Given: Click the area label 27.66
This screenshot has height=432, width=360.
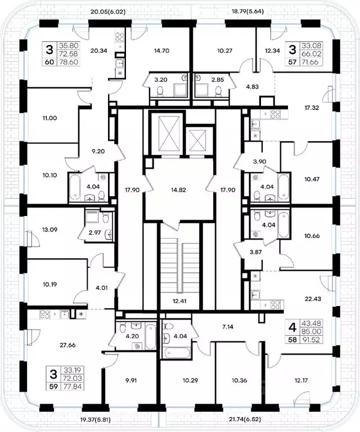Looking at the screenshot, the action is pos(67,345).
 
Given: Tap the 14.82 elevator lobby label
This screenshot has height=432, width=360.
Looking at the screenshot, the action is pos(178,190).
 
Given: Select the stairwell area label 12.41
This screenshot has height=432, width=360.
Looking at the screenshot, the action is pos(179,301).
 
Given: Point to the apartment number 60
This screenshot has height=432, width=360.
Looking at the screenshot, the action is pos(49,62).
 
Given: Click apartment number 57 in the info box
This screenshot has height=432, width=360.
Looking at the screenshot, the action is pos(292,62).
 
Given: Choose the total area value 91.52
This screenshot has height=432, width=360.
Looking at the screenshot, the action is pos(312,340).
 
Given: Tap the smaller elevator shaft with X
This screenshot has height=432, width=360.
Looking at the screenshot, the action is pos(196,141).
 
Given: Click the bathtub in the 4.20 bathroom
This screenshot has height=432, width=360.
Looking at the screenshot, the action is pos(150,337).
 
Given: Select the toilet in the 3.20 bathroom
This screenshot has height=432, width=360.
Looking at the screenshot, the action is pos(160,92).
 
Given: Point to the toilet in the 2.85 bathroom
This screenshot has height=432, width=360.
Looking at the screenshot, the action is pos(218,92).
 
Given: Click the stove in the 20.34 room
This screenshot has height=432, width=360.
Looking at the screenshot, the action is pos(120,37).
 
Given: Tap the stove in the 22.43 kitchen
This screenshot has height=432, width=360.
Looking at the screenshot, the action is pos(276,305).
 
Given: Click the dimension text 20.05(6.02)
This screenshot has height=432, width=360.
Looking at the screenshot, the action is pos(108,12).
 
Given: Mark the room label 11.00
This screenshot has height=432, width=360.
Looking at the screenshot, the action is pos(50,118).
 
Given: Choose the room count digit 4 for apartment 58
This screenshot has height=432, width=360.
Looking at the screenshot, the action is pos(292,327).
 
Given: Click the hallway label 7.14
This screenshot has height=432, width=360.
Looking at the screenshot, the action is pos(227,327).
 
